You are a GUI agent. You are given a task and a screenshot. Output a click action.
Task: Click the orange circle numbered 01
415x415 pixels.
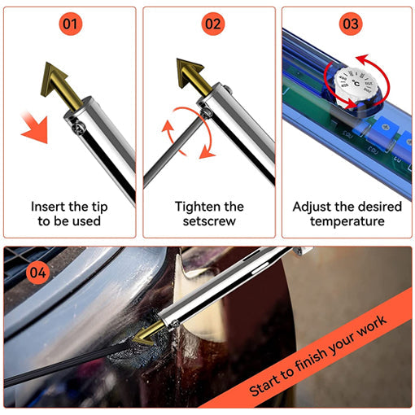click(72, 24)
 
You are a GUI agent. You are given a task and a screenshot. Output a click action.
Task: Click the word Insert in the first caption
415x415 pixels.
click(49, 207)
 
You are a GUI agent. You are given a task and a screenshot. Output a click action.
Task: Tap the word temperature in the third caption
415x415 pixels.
click(349, 221)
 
